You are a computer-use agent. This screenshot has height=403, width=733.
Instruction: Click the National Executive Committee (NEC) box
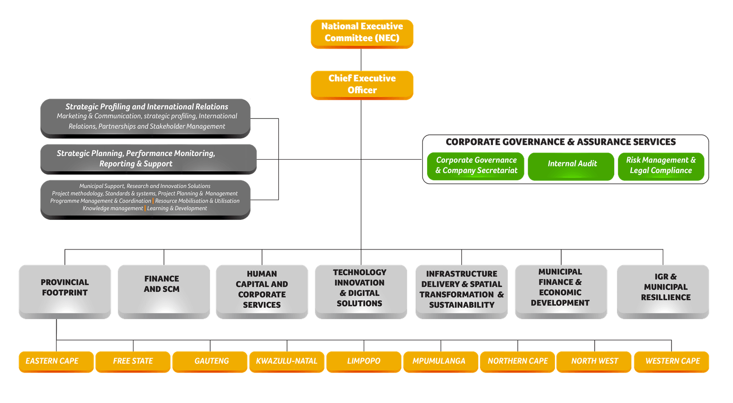[362, 33]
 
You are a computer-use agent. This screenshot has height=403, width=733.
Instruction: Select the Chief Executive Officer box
[362, 84]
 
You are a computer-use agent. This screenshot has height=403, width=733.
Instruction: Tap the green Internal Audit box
[572, 164]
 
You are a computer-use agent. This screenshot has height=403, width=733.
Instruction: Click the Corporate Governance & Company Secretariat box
[476, 165]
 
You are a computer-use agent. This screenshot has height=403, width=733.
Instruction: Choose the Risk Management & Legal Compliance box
[660, 165]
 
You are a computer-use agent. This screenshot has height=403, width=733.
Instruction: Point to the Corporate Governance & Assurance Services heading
[560, 142]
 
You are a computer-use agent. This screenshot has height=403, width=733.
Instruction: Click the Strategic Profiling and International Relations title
[147, 107]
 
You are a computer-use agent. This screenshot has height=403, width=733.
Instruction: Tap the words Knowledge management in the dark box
[113, 208]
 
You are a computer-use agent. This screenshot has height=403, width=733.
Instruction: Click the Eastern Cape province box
[52, 361]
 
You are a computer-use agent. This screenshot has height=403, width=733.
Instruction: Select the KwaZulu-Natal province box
[287, 361]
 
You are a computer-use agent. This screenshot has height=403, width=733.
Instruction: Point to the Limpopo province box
[364, 361]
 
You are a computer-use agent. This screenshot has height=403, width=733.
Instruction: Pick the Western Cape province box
[672, 361]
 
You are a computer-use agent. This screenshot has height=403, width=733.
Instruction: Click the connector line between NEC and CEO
[361, 60]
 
